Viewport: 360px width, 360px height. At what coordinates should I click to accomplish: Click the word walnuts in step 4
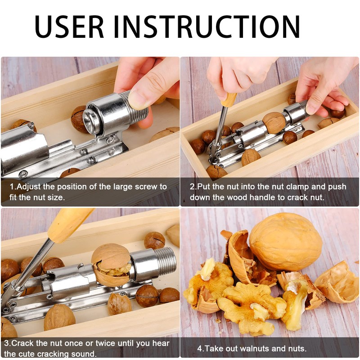point(253,349)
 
